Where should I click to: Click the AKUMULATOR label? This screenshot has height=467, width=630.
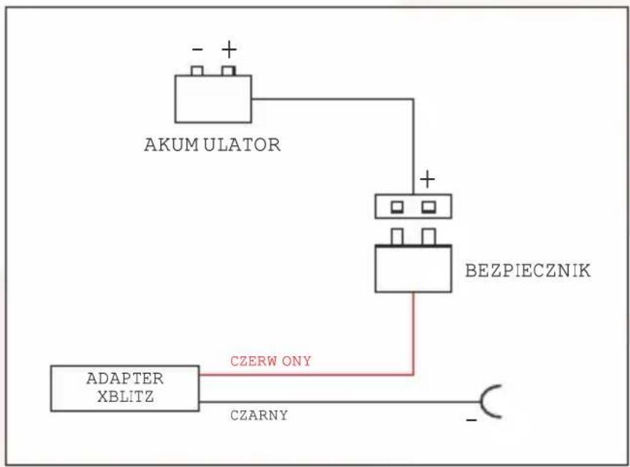tap(212, 144)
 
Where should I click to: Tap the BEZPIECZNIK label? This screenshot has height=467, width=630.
tap(528, 271)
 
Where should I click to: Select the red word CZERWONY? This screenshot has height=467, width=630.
tap(271, 361)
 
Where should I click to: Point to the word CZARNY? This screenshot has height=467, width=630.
tap(259, 415)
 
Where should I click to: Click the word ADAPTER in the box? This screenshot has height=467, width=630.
tap(125, 378)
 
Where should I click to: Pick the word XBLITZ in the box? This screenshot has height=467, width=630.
tap(126, 396)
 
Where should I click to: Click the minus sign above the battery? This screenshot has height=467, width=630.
tap(197, 50)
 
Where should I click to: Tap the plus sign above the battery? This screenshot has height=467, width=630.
tap(229, 50)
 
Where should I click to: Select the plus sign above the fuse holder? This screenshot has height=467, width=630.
tap(428, 179)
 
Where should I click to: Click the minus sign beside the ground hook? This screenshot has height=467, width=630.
tap(471, 420)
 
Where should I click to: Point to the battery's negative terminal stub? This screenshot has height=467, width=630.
tap(197, 71)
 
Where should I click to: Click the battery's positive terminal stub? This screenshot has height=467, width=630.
tap(229, 71)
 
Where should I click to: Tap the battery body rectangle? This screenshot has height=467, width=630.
tap(213, 99)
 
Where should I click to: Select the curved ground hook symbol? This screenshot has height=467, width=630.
tap(484, 401)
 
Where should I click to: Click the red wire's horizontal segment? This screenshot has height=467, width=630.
tap(306, 375)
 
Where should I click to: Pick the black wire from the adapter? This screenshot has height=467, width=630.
tap(340, 401)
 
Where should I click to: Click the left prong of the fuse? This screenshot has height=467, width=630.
tap(397, 236)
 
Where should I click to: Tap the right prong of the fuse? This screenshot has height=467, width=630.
tap(429, 236)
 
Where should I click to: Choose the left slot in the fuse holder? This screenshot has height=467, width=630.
tap(397, 207)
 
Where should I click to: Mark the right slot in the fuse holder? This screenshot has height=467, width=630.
tap(429, 207)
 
